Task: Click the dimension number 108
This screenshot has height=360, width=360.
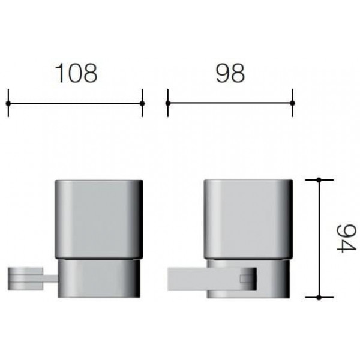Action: pos(76,73)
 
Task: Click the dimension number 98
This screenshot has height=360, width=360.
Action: pos(230,73)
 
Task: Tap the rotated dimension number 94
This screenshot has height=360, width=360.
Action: pos(346,239)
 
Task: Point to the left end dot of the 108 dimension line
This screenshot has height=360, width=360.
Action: pos(8,103)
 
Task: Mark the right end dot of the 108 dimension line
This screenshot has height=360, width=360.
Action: pos(142,103)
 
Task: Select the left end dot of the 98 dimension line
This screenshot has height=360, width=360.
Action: pos(168,103)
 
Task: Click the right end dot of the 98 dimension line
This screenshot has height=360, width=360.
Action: pos(292,103)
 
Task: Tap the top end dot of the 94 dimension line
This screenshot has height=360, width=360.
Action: pos(319,180)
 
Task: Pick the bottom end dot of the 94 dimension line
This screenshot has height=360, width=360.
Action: pos(319,298)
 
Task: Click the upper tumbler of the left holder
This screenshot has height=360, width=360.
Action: pos(99,220)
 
